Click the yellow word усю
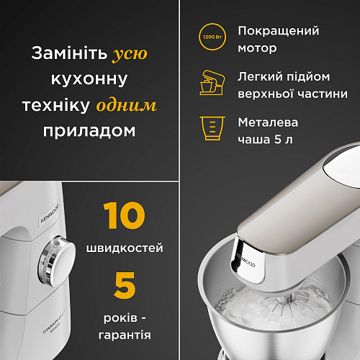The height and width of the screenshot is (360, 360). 130,54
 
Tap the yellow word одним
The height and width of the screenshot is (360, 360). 126,105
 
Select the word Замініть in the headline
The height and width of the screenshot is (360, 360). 69,53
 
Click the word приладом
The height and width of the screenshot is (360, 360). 89,131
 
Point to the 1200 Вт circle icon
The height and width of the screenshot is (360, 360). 212,37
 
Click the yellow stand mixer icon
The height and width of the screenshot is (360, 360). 212,82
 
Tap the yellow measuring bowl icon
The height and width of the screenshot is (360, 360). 212,128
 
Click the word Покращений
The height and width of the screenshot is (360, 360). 279,31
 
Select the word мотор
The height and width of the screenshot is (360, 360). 257,48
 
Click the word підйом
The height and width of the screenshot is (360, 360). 308,77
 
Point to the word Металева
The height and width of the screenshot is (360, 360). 268,122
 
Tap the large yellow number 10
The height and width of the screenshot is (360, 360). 124,215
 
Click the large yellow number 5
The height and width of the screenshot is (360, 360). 125,285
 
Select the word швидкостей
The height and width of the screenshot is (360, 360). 125,248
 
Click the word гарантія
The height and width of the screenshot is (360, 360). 125,336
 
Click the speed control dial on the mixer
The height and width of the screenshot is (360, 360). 57,261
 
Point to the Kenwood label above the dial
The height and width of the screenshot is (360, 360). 49,213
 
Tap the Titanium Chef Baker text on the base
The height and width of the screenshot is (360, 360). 54,322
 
